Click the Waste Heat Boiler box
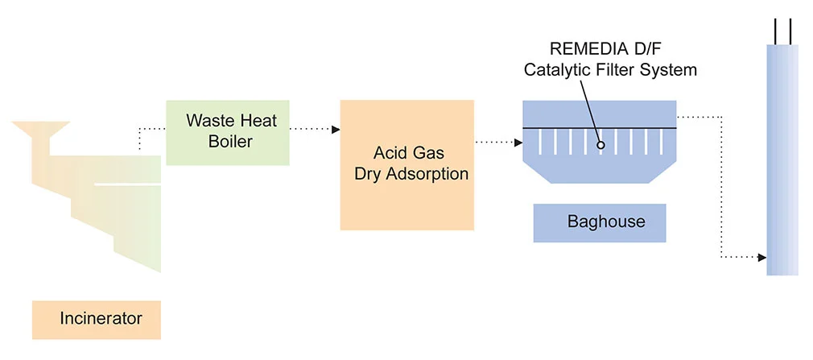(228, 133)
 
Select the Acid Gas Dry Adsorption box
(406, 164)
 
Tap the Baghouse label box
(600, 222)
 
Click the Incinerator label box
(97, 319)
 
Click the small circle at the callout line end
(600, 145)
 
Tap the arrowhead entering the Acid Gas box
(336, 128)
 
